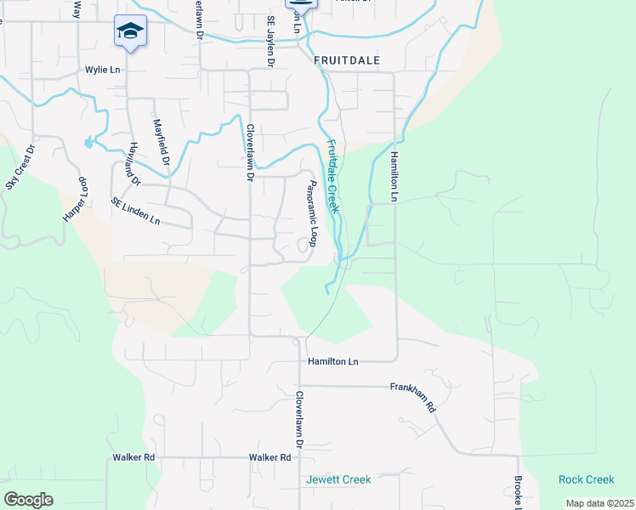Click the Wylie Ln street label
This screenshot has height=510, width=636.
pyautogui.click(x=102, y=70)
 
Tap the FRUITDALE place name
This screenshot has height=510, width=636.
pyautogui.click(x=346, y=61)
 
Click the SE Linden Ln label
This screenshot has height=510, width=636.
pyautogui.click(x=135, y=212)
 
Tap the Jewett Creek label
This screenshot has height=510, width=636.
pyautogui.click(x=338, y=479)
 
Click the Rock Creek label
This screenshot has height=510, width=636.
pyautogui.click(x=586, y=479)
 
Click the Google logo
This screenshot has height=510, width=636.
pyautogui.click(x=29, y=500)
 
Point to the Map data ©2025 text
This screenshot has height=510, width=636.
pyautogui.click(x=599, y=503)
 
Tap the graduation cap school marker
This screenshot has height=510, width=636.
pyautogui.click(x=130, y=32)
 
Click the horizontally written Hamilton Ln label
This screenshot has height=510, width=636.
pyautogui.click(x=332, y=361)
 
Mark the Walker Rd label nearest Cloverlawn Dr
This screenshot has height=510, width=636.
pyautogui.click(x=270, y=457)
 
